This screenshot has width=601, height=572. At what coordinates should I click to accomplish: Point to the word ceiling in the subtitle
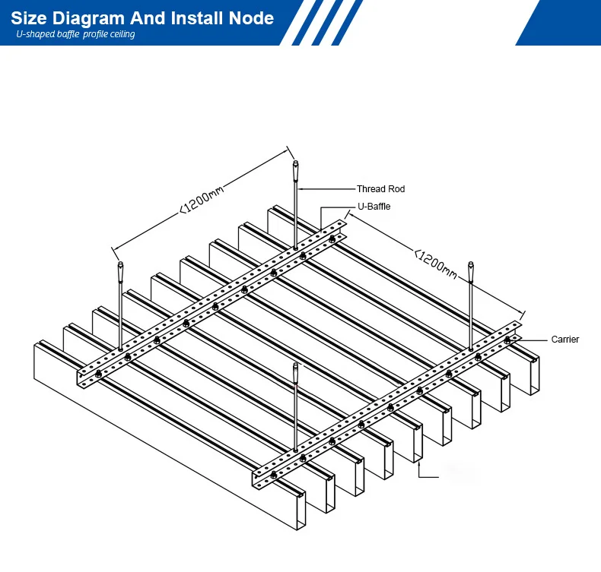122,34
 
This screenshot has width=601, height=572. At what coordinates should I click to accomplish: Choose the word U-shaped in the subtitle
34,34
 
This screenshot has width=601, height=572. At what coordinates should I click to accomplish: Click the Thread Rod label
380,189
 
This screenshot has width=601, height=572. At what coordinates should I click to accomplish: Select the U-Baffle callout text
374,207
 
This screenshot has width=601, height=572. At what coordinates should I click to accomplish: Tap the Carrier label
565,340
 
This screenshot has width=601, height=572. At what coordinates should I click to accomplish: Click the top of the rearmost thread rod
295,166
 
